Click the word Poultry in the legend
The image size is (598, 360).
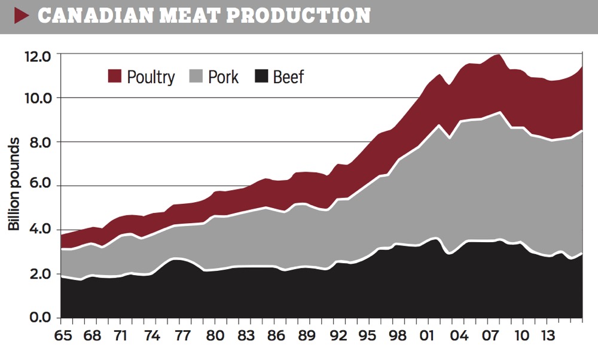point(151,77)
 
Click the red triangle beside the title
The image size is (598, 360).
point(22,16)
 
